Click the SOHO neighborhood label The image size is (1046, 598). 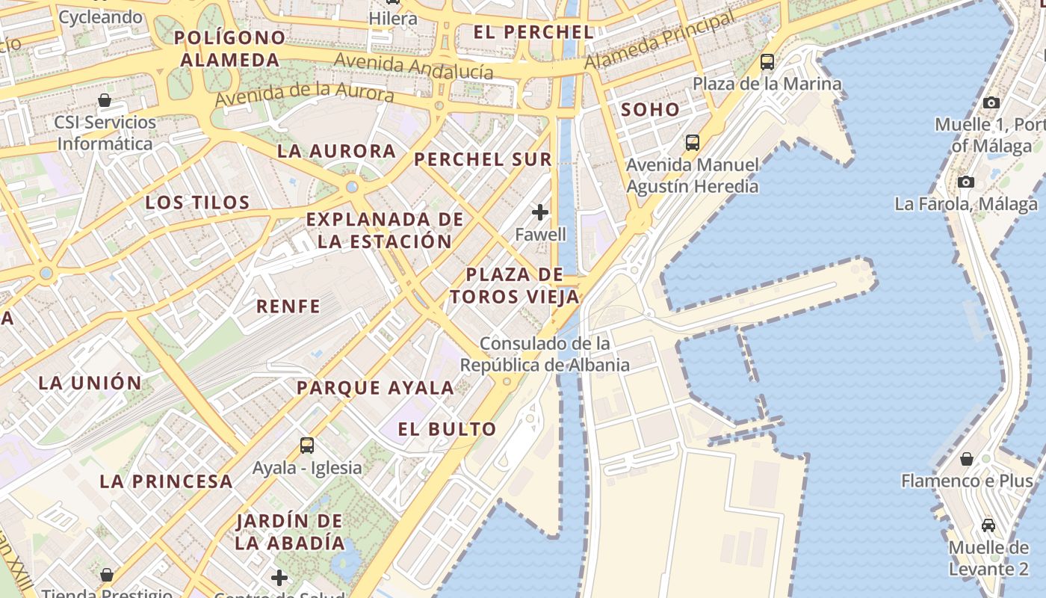[x=650, y=110]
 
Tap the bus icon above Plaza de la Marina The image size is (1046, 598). [x=767, y=62]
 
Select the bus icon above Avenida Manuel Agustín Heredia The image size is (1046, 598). [x=693, y=142]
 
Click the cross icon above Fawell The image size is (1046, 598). [x=540, y=212]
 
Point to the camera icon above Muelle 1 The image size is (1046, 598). [x=991, y=102]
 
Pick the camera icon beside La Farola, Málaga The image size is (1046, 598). [x=966, y=182]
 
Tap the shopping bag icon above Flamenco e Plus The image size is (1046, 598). [x=967, y=458]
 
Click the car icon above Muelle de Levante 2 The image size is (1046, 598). [x=988, y=525]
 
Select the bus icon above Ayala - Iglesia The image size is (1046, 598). [x=307, y=446]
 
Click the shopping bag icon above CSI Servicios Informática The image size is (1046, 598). [x=105, y=100]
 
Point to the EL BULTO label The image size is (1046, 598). [x=447, y=429]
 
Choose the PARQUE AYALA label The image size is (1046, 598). [x=375, y=388]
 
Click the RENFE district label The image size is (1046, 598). [x=288, y=306]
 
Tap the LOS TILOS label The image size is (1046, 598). [x=197, y=203]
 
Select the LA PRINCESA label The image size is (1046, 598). [x=166, y=481]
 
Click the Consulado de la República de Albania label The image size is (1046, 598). [x=545, y=354]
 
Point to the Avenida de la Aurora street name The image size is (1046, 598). [x=304, y=95]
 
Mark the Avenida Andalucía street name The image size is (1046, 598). [x=414, y=66]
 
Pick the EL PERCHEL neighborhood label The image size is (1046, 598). [x=533, y=32]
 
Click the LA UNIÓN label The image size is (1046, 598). [x=90, y=383]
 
